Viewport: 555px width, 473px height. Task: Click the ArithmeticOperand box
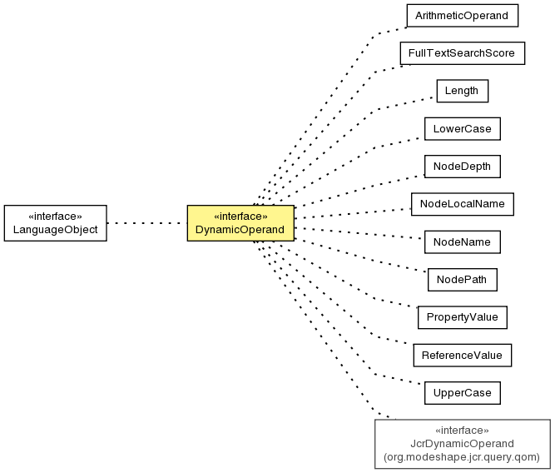coord(463,16)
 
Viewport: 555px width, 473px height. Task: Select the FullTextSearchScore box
coord(463,53)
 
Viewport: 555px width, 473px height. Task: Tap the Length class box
coord(463,91)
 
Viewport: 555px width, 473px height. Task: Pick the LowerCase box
coord(463,128)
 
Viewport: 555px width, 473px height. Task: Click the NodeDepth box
coord(463,167)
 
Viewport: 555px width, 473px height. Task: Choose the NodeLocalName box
coord(463,204)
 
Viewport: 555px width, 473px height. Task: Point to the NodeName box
coord(463,242)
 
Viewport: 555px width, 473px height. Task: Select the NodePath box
coord(463,280)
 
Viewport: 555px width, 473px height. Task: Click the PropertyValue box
coord(463,317)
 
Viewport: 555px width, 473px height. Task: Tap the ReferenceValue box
coord(463,355)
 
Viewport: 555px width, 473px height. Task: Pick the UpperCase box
coord(463,393)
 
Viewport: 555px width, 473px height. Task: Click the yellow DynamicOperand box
coord(240,223)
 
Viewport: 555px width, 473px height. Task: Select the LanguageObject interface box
coord(56,223)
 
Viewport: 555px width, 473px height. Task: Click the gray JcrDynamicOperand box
coord(463,444)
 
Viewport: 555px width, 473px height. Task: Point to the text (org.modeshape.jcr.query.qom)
coord(462,457)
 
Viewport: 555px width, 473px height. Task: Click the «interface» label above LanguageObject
coord(55,217)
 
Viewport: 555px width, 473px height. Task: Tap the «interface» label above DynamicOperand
coord(240,217)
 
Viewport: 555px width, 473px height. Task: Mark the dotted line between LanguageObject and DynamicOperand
coord(147,223)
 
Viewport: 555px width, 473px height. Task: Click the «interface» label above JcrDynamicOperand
coord(462,431)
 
